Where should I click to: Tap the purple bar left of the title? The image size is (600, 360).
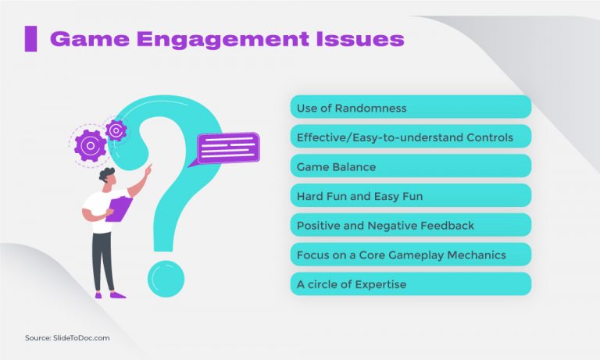tap(30, 39)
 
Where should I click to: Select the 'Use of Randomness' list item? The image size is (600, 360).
tap(410, 107)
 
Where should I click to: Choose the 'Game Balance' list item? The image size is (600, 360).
tap(410, 166)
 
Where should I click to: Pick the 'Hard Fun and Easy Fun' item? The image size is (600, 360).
tap(410, 196)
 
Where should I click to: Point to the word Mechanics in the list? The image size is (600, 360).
tap(476, 255)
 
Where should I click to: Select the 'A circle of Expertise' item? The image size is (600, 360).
tap(410, 284)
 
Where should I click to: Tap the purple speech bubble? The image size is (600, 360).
tap(227, 147)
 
